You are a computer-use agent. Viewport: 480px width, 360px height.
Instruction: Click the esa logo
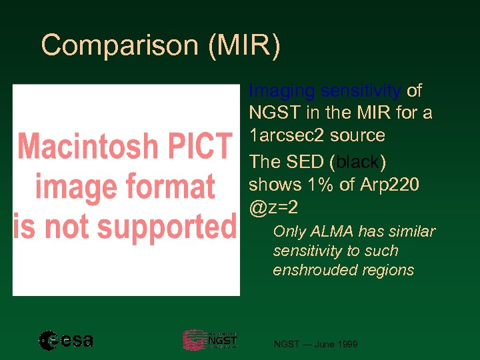(x=66, y=341)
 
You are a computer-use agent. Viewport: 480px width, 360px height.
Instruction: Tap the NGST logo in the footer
(x=209, y=340)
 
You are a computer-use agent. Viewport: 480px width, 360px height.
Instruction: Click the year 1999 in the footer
(x=346, y=344)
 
